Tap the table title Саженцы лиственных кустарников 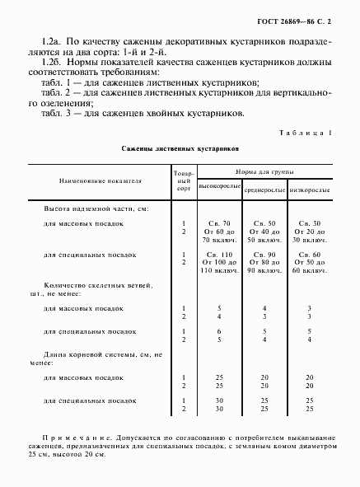[180, 150]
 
